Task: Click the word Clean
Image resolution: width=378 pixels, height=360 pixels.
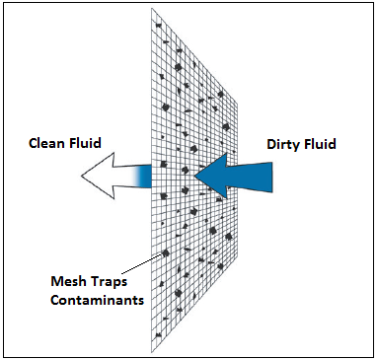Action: click(50, 141)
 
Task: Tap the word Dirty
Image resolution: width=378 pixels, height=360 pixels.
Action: click(285, 144)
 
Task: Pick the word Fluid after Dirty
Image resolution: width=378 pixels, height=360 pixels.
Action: click(321, 144)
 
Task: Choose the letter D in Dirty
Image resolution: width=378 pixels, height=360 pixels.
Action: click(271, 144)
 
